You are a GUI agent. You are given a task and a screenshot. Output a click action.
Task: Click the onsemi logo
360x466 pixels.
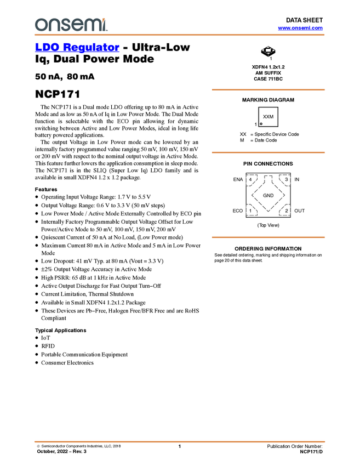pos(71,25)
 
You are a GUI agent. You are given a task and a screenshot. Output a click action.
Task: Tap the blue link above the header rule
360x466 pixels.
pos(300,28)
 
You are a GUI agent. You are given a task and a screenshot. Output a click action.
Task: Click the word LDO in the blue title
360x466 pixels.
pos(46,48)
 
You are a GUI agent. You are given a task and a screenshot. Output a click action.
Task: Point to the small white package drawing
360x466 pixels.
pos(268,50)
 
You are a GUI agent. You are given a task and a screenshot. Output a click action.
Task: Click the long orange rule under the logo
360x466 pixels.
pos(180,35)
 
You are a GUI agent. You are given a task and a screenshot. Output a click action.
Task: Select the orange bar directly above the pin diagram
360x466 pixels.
pos(268,152)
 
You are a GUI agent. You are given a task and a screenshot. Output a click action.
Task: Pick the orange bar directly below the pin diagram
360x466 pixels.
pos(268,237)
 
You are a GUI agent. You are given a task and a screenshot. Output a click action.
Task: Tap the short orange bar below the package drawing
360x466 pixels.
pos(268,90)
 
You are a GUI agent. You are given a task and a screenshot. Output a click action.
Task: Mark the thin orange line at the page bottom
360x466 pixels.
pos(180,441)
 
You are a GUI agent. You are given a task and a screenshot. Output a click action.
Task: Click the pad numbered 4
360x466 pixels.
pos(250,180)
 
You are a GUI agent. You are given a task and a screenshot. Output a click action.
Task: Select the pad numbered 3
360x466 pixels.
pos(286,180)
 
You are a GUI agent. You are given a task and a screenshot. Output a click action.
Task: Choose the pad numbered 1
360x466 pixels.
pos(250,210)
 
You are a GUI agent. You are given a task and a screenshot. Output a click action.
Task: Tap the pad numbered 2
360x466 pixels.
pos(286,210)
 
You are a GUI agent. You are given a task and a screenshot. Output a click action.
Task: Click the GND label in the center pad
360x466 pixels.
pos(268,196)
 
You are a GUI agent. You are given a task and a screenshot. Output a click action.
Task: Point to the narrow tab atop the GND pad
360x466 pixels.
pos(268,178)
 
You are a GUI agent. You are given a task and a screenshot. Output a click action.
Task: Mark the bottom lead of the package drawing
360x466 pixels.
pos(268,56)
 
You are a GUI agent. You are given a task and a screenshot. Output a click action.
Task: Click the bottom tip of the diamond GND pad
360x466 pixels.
pos(268,210)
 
